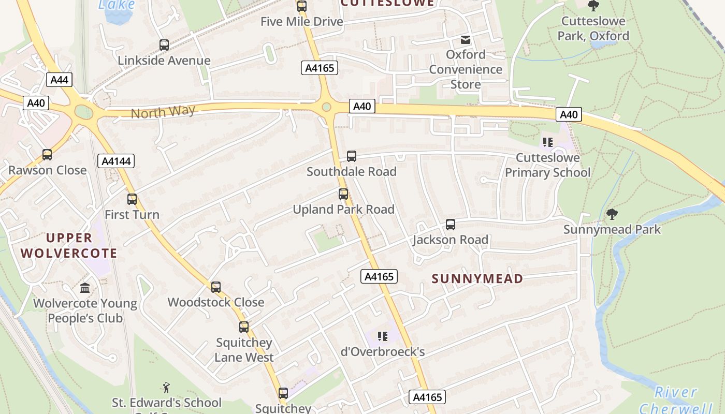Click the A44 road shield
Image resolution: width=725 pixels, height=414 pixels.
tap(59, 80)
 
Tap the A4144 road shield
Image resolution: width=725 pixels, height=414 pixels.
tap(116, 161)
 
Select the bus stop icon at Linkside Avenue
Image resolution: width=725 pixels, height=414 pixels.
tap(164, 45)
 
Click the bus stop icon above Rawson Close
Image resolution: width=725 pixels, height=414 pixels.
tap(47, 155)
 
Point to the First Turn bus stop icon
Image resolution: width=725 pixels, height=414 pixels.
tap(132, 199)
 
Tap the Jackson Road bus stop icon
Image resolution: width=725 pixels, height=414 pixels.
tap(451, 225)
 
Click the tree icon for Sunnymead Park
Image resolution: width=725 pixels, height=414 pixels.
tap(612, 214)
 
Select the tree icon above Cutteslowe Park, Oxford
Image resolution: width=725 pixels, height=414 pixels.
tap(593, 6)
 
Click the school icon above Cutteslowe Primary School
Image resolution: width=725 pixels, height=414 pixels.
tap(548, 142)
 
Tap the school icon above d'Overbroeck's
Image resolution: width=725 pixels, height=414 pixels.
tap(383, 337)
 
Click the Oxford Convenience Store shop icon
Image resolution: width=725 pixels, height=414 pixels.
tap(466, 39)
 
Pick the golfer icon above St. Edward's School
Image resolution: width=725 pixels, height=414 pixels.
tap(166, 388)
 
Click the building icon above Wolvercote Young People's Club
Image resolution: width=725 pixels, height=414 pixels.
tap(85, 288)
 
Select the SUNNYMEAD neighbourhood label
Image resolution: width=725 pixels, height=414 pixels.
tap(477, 279)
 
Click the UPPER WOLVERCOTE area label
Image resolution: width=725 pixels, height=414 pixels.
tap(82, 245)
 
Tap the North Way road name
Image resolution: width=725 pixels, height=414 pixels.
tap(163, 112)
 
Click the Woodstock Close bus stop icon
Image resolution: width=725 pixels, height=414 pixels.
tap(216, 287)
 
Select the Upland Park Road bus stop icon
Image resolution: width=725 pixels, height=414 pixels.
tap(343, 194)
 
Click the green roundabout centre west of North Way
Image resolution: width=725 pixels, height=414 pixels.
tap(82, 111)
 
